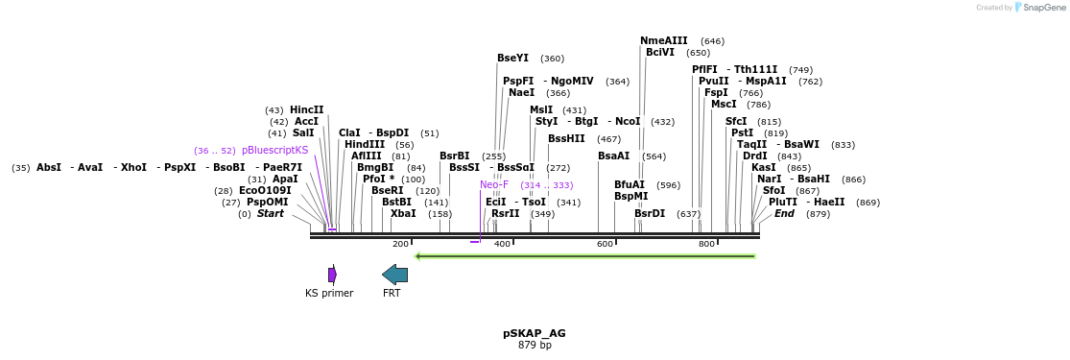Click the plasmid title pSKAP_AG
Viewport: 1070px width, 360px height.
(x=535, y=333)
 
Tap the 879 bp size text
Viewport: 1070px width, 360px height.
(x=535, y=345)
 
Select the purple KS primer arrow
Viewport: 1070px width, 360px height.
(x=332, y=275)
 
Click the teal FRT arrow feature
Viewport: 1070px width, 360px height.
(x=394, y=275)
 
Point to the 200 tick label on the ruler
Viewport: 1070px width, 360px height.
(x=400, y=244)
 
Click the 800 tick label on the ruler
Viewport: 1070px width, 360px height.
(x=706, y=244)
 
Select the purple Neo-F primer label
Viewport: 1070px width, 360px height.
(x=494, y=184)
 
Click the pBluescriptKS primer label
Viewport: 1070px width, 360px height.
(x=275, y=151)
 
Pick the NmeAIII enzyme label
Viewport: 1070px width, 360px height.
(x=664, y=40)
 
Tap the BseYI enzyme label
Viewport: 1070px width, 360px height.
(x=512, y=59)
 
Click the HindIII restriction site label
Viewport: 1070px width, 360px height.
(x=365, y=145)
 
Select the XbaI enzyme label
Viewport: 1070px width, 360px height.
(x=403, y=214)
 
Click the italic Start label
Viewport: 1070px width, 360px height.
(x=270, y=214)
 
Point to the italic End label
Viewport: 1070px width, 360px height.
(x=784, y=214)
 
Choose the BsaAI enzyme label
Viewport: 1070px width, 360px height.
(x=613, y=156)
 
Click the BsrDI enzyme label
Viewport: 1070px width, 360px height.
(x=650, y=214)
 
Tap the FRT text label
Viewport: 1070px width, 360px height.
(x=392, y=293)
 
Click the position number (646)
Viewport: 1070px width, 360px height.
(x=712, y=41)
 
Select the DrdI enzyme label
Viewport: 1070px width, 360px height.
(x=755, y=156)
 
